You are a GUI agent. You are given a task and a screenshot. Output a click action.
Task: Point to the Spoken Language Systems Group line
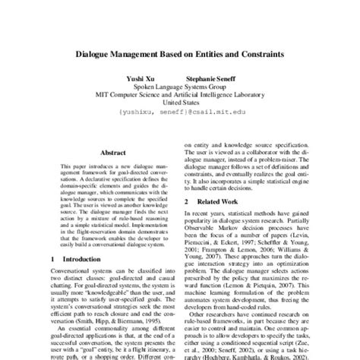[179, 87]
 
